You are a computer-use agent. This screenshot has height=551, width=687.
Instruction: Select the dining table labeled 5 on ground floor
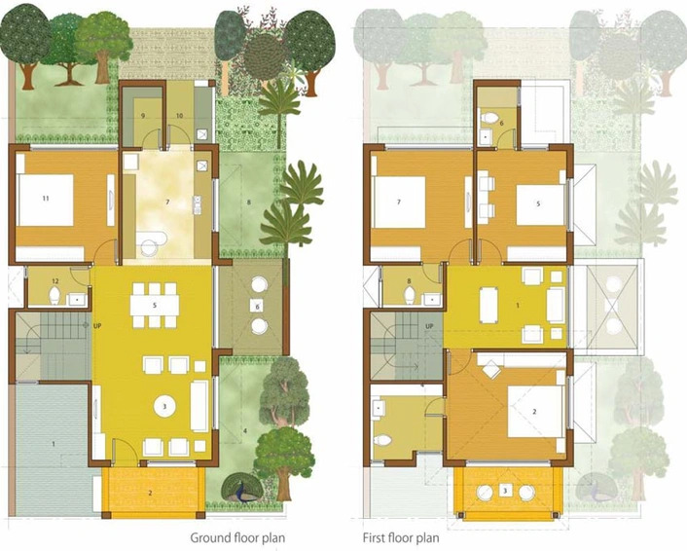pos(156,304)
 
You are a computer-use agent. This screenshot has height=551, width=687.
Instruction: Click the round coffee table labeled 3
pos(167,404)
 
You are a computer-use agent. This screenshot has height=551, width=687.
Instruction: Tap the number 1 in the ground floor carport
pos(54,445)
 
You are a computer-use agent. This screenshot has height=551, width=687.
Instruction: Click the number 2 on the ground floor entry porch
pos(150,494)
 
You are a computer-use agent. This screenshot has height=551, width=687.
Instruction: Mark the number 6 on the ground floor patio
pos(257,306)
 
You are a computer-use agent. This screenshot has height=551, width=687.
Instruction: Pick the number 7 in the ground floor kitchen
pos(168,202)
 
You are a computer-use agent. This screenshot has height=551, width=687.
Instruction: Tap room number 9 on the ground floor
pos(142,116)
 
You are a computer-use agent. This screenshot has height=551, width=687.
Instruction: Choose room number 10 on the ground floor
pos(179,116)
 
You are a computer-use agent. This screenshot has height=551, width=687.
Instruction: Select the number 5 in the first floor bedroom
pos(534,204)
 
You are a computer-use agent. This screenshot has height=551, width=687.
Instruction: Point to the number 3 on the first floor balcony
pos(506,490)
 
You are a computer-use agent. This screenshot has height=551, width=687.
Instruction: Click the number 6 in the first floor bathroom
pos(500,124)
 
